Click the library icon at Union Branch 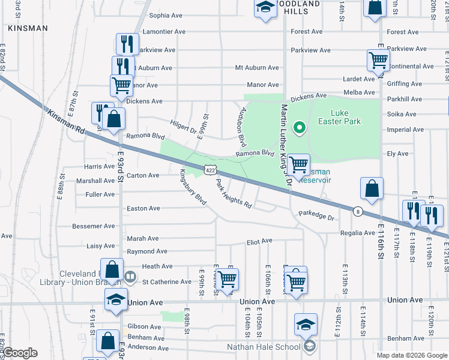(x=130, y=277)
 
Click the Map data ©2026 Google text (x=412, y=355)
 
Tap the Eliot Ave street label (x=260, y=241)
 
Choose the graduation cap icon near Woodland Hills (x=264, y=8)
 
